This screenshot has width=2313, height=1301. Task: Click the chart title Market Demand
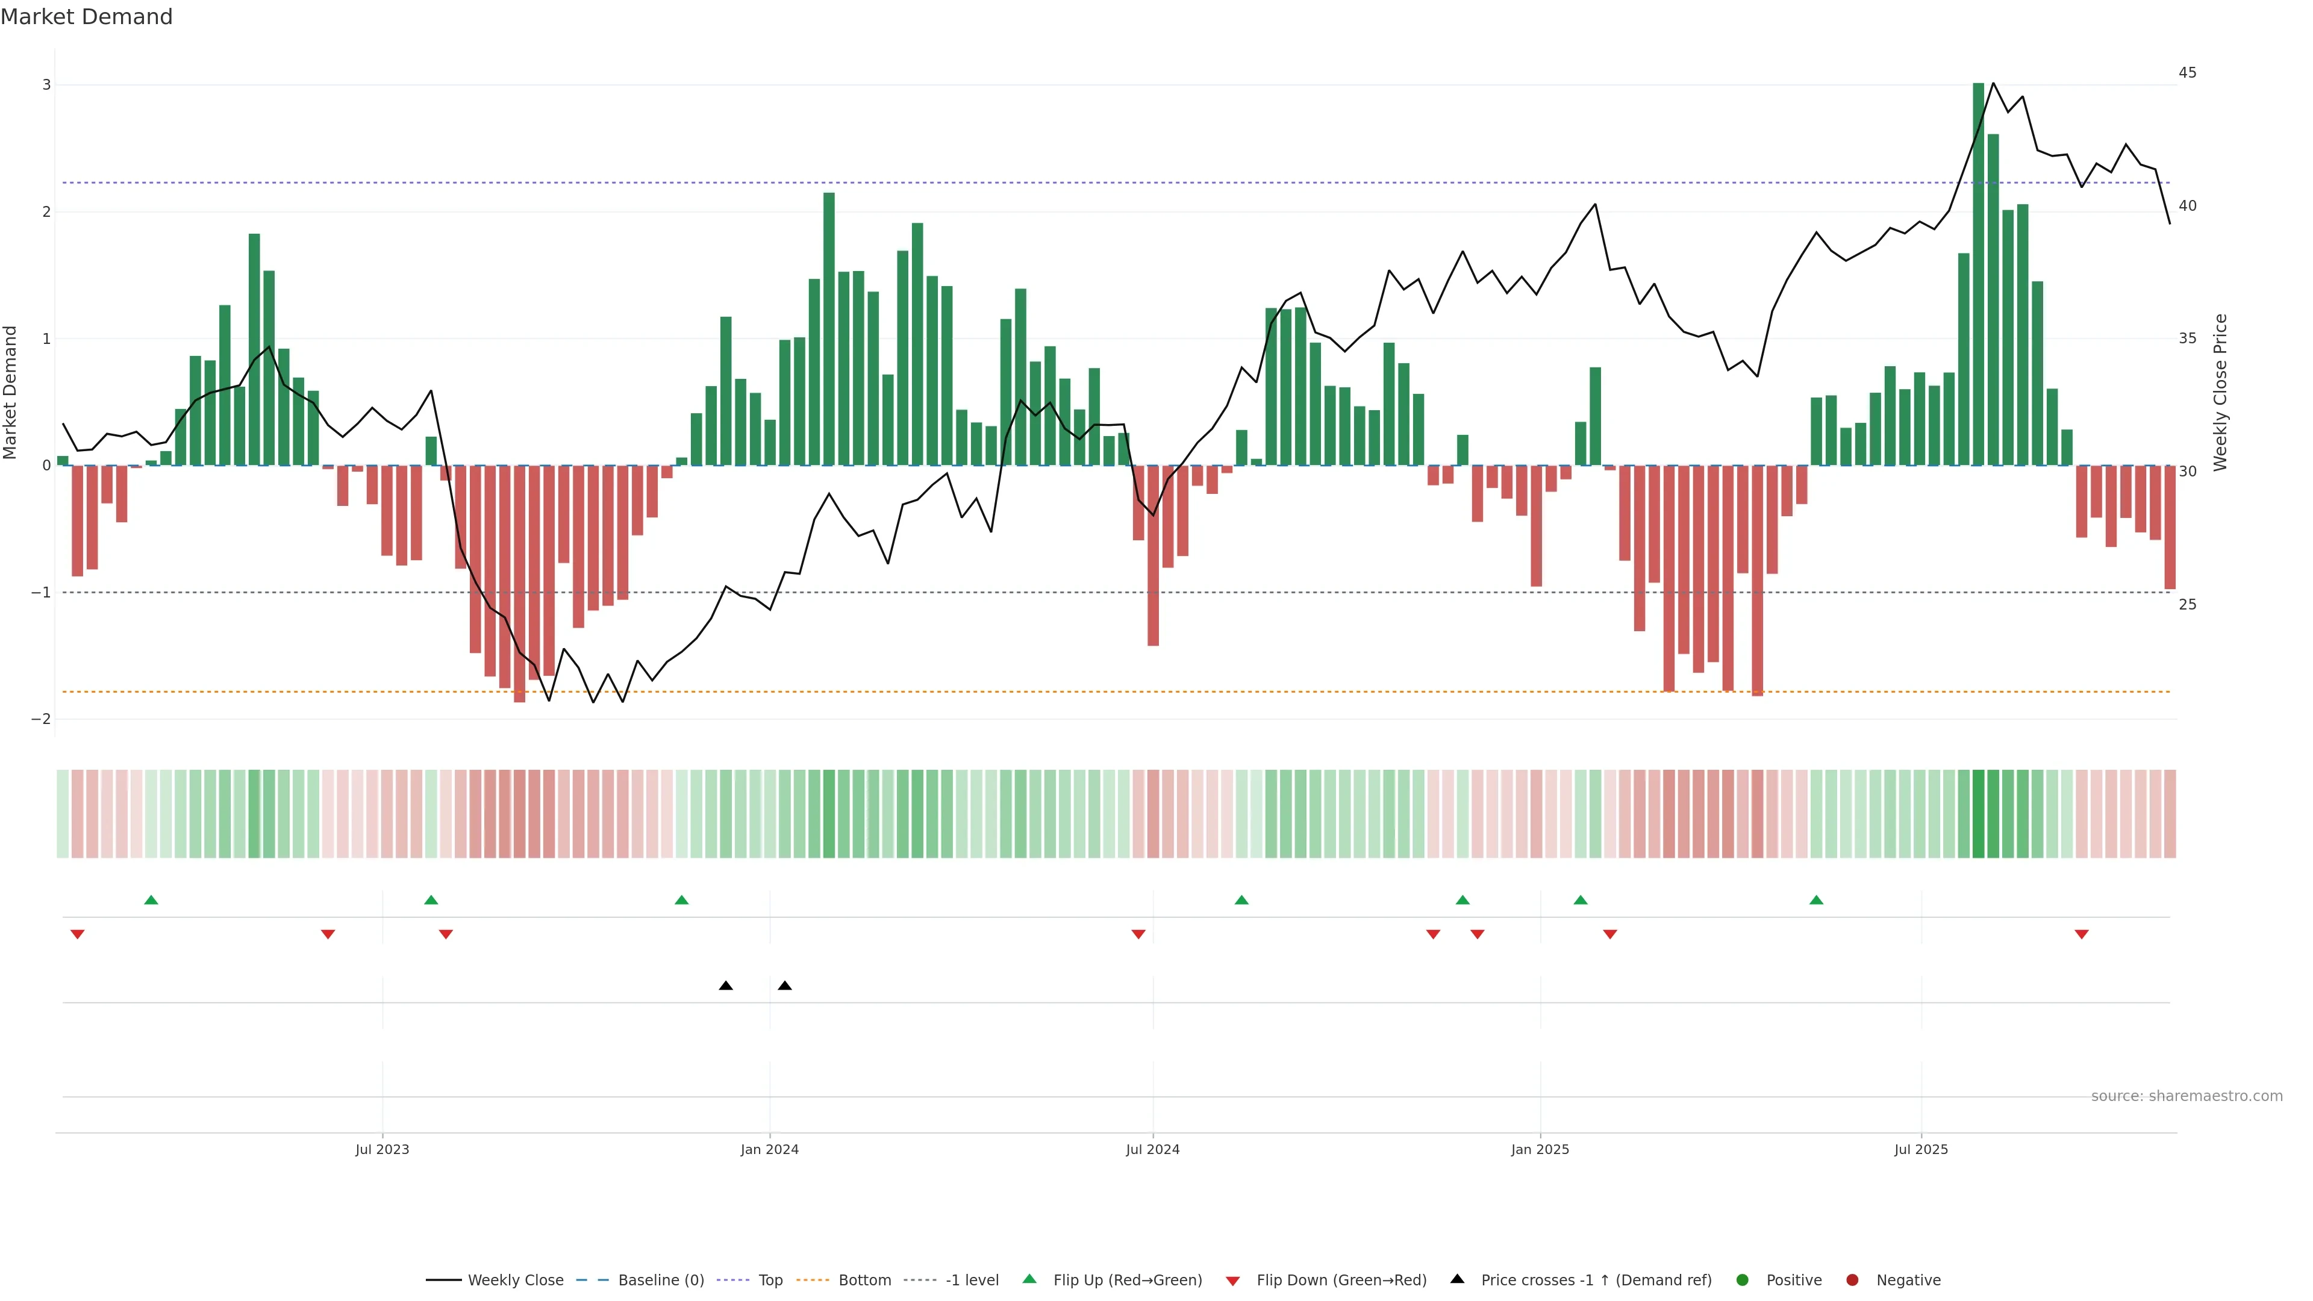point(86,17)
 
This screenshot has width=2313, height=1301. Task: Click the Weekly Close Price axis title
point(2220,392)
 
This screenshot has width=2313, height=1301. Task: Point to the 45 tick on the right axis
point(2187,73)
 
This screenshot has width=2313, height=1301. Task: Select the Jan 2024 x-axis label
point(770,1149)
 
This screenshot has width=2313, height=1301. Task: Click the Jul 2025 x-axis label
point(1921,1149)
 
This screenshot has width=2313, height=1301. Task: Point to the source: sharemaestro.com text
point(2187,1096)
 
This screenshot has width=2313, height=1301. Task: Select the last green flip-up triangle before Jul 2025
point(1815,900)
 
